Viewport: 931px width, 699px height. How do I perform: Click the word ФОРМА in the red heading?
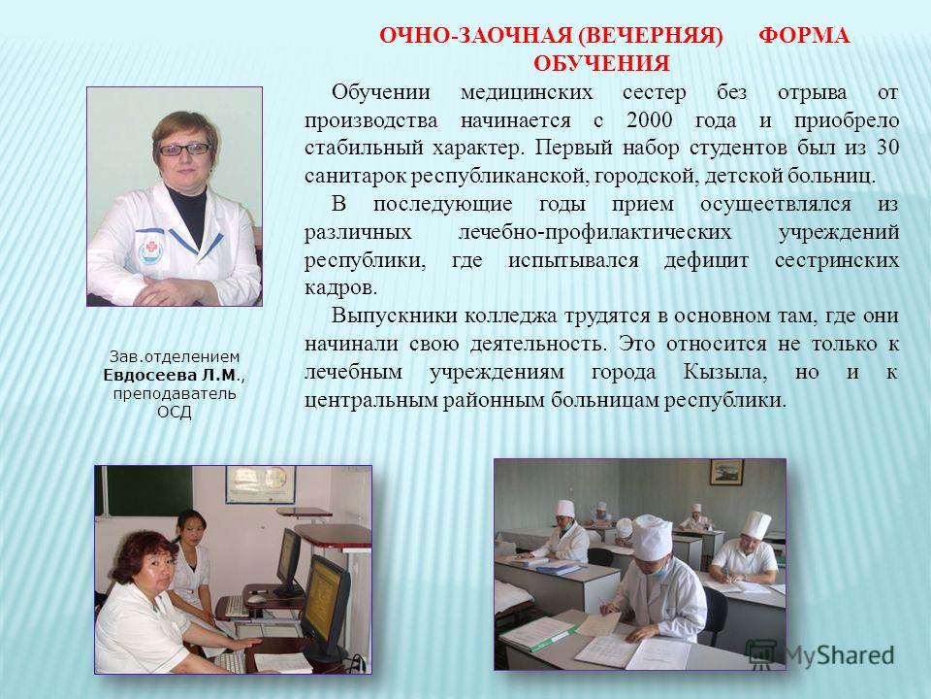point(804,36)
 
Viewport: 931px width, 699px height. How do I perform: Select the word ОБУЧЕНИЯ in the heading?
point(601,64)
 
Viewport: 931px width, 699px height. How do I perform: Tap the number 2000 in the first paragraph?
point(649,120)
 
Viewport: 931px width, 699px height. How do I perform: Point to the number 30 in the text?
point(887,148)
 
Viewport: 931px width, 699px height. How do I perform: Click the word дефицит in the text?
point(707,260)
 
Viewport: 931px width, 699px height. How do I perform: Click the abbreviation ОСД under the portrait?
point(175,412)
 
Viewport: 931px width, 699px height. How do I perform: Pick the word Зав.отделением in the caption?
point(175,357)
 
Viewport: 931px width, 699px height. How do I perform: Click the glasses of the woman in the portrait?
point(184,149)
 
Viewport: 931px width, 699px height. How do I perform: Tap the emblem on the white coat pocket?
point(149,248)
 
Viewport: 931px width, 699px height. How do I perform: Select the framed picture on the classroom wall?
point(726,472)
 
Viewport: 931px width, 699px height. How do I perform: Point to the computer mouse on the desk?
point(256,599)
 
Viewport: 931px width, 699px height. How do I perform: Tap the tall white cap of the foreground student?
point(652,537)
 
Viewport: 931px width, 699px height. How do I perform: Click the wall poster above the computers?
point(261,484)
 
